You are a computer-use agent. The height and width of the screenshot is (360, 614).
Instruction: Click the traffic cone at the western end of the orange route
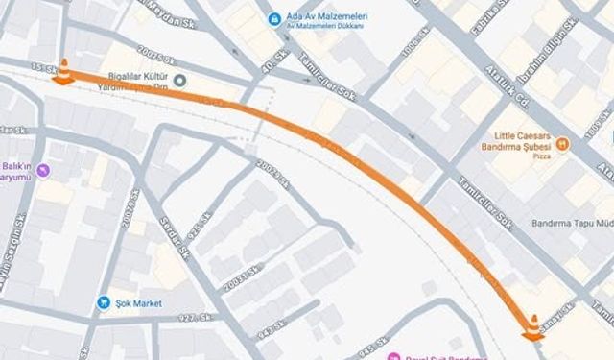coord(63,72)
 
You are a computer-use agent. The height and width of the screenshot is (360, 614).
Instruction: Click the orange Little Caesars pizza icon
coord(563,144)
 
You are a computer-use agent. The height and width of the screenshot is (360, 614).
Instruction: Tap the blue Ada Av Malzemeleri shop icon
coord(274,18)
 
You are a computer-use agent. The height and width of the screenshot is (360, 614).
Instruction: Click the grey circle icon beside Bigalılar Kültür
coord(179,80)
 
